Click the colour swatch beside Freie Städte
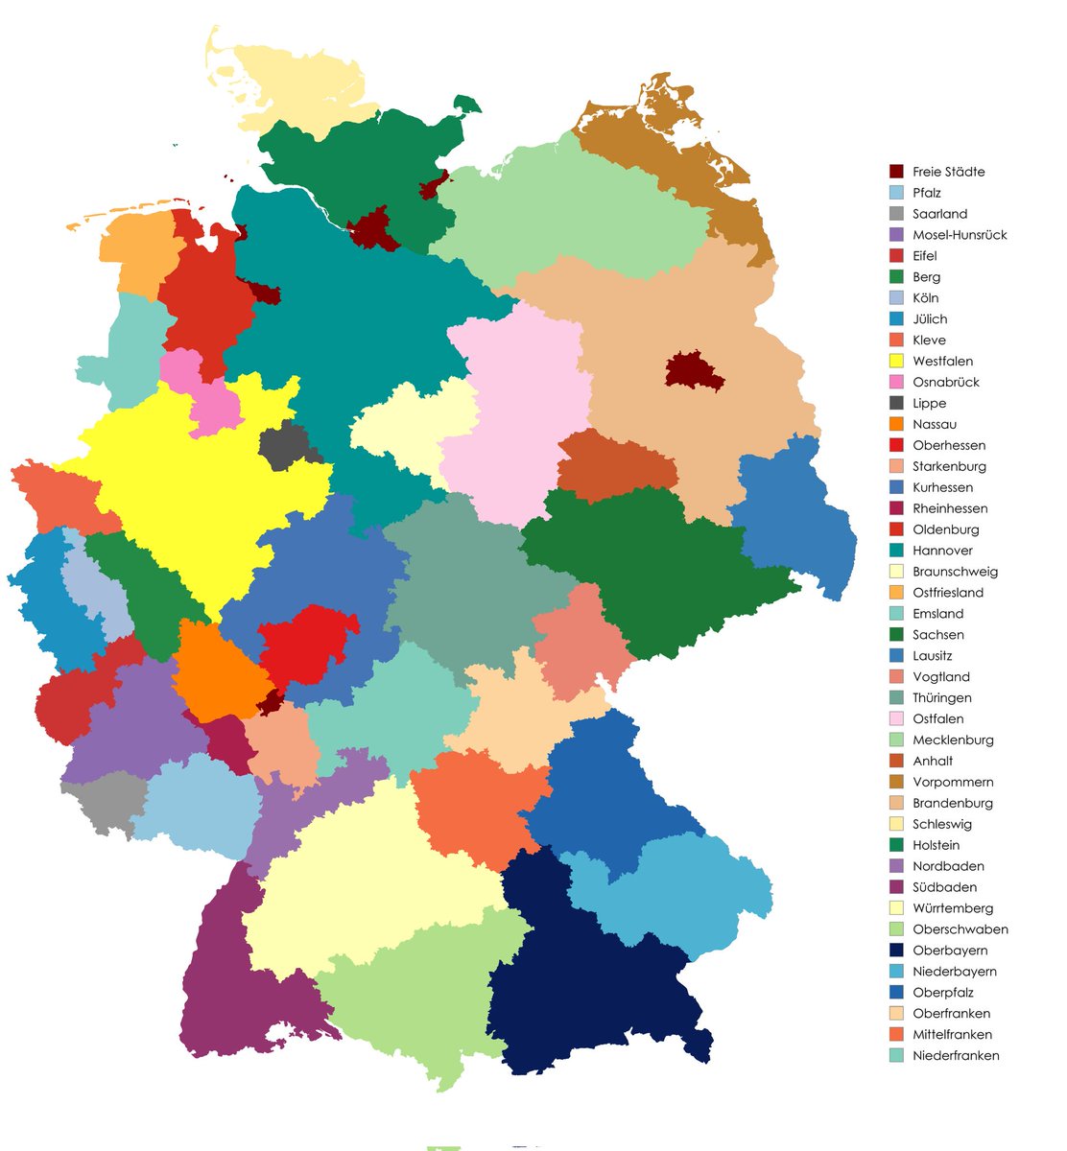[896, 172]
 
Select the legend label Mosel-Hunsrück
[960, 235]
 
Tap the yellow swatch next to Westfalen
[896, 362]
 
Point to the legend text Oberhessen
[949, 446]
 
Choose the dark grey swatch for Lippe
[896, 404]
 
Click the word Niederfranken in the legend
[956, 1056]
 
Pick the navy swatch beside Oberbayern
[896, 951]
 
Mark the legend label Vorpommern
[953, 783]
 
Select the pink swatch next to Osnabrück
[896, 383]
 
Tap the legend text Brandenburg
[953, 804]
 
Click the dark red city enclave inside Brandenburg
[694, 371]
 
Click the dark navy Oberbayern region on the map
[585, 978]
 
